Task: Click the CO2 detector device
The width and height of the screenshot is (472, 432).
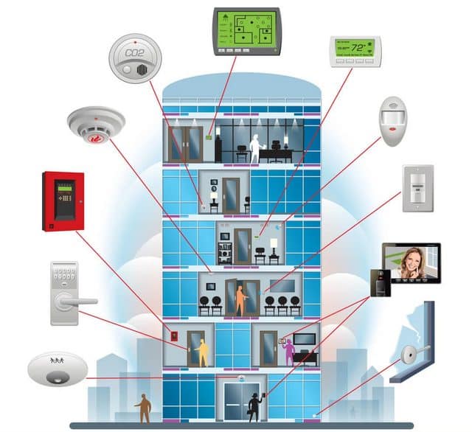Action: [x=134, y=58]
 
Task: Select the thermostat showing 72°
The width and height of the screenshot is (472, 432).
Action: [x=355, y=50]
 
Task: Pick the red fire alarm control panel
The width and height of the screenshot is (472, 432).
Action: [x=63, y=201]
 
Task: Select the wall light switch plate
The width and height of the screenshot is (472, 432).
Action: [x=417, y=189]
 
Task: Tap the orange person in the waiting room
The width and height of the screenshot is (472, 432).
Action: [x=240, y=299]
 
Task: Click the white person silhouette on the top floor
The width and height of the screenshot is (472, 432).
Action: [x=255, y=147]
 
